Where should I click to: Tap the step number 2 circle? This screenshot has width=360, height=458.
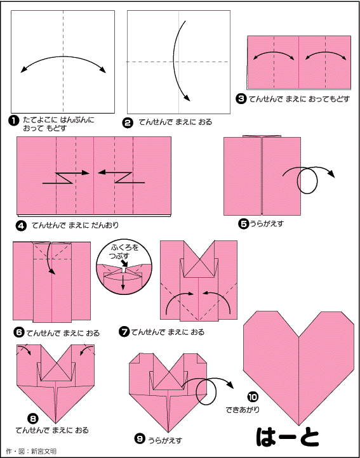127,122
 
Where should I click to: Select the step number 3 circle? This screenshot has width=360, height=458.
241,100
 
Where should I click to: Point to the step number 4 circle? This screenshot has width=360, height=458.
23,225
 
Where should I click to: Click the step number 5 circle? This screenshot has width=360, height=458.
243,224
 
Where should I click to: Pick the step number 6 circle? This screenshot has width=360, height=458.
18,332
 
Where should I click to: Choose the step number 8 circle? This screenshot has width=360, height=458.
33,419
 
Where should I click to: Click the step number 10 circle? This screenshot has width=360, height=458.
251,397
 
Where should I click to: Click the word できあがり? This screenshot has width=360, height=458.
243,410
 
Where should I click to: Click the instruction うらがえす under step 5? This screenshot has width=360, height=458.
266,224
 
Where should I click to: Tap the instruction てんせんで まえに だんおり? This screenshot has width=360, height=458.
76,225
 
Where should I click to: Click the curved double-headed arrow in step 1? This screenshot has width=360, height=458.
63,56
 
